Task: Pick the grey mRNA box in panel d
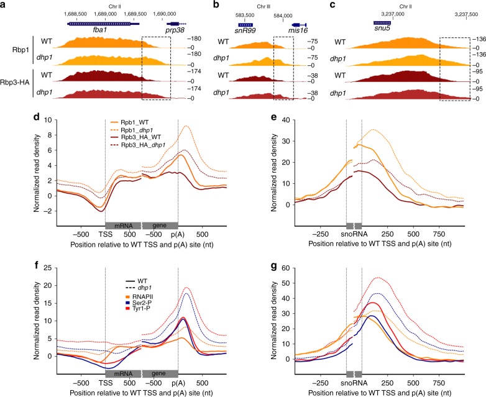coord(123,226)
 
